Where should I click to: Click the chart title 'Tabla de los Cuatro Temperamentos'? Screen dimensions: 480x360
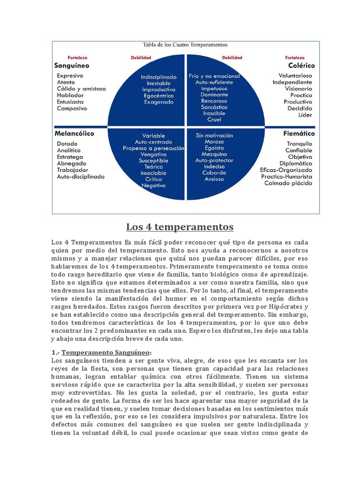point(185,45)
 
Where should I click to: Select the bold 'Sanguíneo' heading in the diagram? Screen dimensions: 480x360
point(72,66)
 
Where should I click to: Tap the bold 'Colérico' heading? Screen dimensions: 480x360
point(301,66)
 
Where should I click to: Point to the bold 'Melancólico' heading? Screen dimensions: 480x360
point(75,133)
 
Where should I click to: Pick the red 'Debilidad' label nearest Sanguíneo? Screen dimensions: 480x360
point(141,58)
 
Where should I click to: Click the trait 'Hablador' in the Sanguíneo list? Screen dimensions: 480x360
point(70,95)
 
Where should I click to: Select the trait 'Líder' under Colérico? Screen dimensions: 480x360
point(305,115)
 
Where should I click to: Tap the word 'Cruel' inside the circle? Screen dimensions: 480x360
point(214,120)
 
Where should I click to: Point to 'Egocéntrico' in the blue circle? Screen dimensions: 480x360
point(159,95)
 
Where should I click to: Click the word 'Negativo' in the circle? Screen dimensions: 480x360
point(154,185)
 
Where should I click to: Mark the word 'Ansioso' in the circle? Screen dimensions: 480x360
point(214,179)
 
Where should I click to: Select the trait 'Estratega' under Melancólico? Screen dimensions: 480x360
point(70,157)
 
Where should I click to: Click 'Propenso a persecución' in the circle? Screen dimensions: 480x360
point(154,148)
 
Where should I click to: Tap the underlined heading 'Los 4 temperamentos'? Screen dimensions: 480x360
point(180,227)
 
